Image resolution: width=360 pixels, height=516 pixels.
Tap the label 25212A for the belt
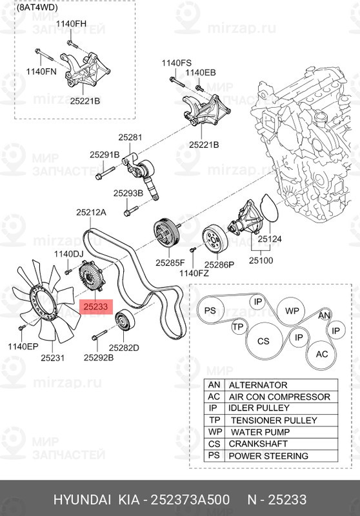91,212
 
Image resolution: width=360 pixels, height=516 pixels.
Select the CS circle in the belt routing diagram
263,341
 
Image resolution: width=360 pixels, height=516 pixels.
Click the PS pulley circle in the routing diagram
210,311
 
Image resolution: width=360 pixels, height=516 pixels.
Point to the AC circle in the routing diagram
321,354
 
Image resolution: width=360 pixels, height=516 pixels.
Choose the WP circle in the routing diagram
292,311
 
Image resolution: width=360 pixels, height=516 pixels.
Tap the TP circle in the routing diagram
238,327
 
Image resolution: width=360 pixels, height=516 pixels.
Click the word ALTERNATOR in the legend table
258,385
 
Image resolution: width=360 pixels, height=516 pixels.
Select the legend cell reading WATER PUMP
259,432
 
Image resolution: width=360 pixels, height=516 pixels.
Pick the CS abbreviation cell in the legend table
214,444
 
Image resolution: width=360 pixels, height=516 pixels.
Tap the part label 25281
129,137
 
